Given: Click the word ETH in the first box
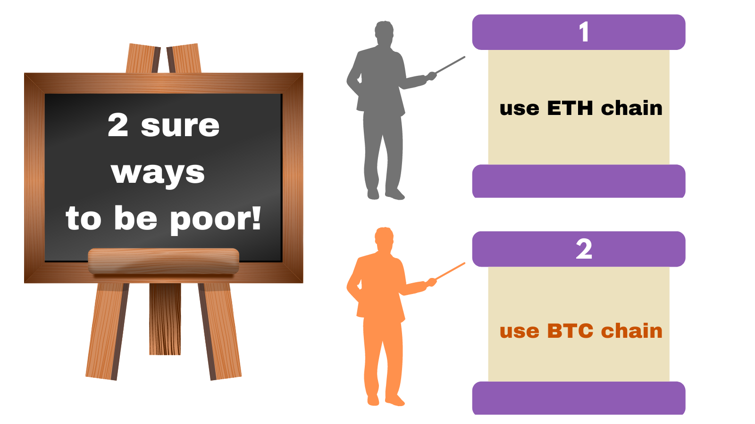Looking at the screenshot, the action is click(570, 108).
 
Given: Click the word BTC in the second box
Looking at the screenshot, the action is click(570, 331).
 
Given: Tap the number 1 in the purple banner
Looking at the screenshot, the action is click(584, 32).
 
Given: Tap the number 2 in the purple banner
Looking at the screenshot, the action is click(584, 249).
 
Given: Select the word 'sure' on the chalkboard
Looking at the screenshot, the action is click(180, 127).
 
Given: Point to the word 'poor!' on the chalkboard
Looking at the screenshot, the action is click(215, 220).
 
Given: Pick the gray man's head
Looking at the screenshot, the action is click(384, 33).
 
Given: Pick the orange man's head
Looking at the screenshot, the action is click(384, 239).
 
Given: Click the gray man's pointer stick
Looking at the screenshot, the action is click(451, 65).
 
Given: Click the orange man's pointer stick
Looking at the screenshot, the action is click(451, 271).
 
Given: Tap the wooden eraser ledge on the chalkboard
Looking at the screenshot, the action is click(163, 261).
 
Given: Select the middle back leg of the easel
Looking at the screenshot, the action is click(165, 319).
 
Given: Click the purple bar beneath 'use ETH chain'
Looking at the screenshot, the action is click(579, 181).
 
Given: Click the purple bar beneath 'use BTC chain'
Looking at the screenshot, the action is click(579, 398).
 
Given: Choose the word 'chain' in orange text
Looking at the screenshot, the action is click(632, 330).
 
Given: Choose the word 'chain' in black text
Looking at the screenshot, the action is click(632, 108).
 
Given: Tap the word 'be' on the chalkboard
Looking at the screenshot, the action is click(136, 218).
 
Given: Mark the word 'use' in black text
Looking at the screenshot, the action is click(520, 110).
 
